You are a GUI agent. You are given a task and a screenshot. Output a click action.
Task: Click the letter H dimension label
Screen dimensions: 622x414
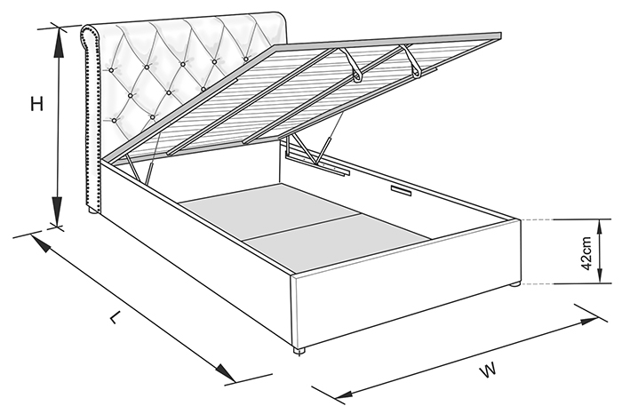37,104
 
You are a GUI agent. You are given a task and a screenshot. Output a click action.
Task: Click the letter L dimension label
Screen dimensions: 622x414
115,317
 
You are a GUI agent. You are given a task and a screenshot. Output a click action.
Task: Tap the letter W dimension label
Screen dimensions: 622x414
488,370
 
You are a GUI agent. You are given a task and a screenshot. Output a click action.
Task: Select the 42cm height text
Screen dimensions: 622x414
586,253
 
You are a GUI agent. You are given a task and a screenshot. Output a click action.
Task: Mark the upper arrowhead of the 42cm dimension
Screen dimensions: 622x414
600,227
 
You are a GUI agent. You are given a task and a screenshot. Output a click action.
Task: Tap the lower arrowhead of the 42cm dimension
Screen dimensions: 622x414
600,275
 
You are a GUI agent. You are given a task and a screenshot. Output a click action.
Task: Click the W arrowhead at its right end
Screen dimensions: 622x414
588,321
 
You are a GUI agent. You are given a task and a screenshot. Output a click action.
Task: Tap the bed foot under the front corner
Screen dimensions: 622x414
299,351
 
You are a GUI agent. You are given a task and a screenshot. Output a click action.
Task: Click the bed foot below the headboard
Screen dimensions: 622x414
92,211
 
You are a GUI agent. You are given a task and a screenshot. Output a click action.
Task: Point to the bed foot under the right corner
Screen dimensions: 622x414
514,283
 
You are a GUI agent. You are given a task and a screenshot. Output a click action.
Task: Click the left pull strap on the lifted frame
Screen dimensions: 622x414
352,65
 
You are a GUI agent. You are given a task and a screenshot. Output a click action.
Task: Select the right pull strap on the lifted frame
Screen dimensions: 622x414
411,60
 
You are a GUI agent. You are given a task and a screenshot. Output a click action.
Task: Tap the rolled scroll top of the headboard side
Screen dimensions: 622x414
92,36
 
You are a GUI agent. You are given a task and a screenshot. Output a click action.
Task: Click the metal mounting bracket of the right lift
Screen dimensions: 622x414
317,162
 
